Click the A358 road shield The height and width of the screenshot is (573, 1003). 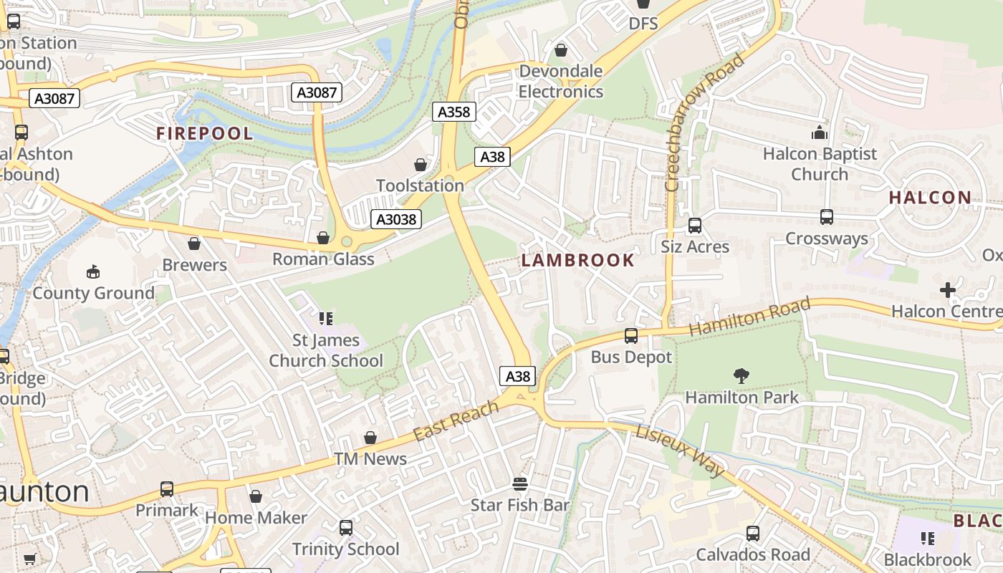coord(454,112)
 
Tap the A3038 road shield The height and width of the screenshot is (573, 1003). coord(396,219)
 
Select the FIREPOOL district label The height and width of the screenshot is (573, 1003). coord(205,134)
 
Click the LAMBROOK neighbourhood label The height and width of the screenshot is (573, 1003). coord(578,260)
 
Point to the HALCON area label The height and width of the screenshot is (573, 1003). coord(930,198)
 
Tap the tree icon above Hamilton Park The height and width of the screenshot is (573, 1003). coord(742,375)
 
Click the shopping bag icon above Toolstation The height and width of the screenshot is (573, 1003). coord(421,165)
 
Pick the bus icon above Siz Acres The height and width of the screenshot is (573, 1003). coord(694,226)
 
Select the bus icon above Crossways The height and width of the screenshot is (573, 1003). coord(826,217)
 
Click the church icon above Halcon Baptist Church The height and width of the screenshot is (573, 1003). coord(819,133)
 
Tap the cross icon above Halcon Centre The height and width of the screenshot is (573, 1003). coord(947,290)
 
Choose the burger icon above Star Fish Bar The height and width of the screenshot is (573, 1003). coord(520,484)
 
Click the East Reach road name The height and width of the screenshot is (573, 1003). coord(456,421)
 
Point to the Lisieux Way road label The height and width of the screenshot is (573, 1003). coord(681,449)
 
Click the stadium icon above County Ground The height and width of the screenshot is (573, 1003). coord(93,271)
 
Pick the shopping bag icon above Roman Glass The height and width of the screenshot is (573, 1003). coord(323,238)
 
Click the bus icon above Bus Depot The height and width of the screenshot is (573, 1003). coord(631,335)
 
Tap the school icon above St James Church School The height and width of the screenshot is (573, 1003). coord(326,318)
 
